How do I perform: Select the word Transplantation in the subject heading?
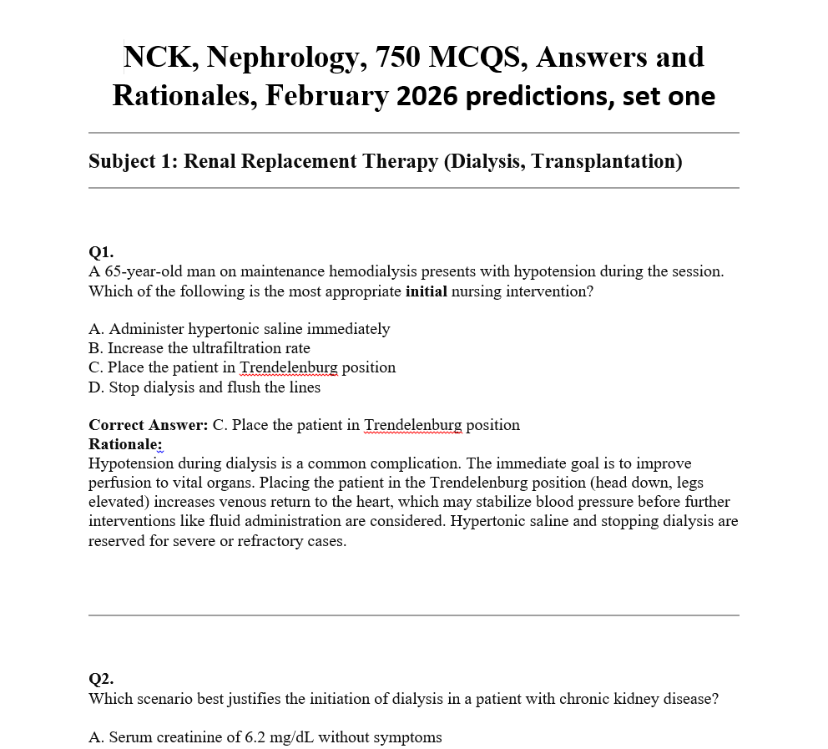coord(603,160)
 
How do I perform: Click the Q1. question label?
coord(101,251)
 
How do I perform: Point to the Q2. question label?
coord(101,679)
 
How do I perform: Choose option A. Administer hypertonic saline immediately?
coord(239,328)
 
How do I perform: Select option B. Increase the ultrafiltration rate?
coord(199,347)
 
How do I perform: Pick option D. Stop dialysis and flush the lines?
coord(204,387)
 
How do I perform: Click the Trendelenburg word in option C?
coord(289,367)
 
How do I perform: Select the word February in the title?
coord(327,97)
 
